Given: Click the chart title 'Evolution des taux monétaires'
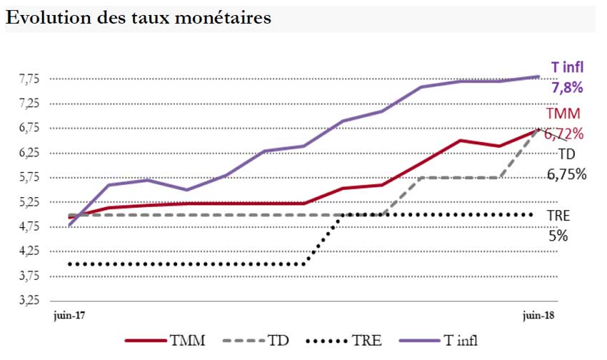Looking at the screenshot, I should tap(139, 18).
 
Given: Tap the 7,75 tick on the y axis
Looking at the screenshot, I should tap(29, 79).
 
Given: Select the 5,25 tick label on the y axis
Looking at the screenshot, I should tap(29, 202).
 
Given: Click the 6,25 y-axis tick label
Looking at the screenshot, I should tap(29, 153).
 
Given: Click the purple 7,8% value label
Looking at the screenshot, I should tap(567, 88).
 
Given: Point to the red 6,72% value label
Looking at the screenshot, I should tap(564, 133).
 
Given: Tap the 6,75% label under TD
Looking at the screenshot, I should tap(567, 174).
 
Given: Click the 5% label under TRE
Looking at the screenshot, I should tap(557, 235).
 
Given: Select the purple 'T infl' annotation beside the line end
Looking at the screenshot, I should tap(568, 68).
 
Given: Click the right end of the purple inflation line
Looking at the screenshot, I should tap(538, 76).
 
